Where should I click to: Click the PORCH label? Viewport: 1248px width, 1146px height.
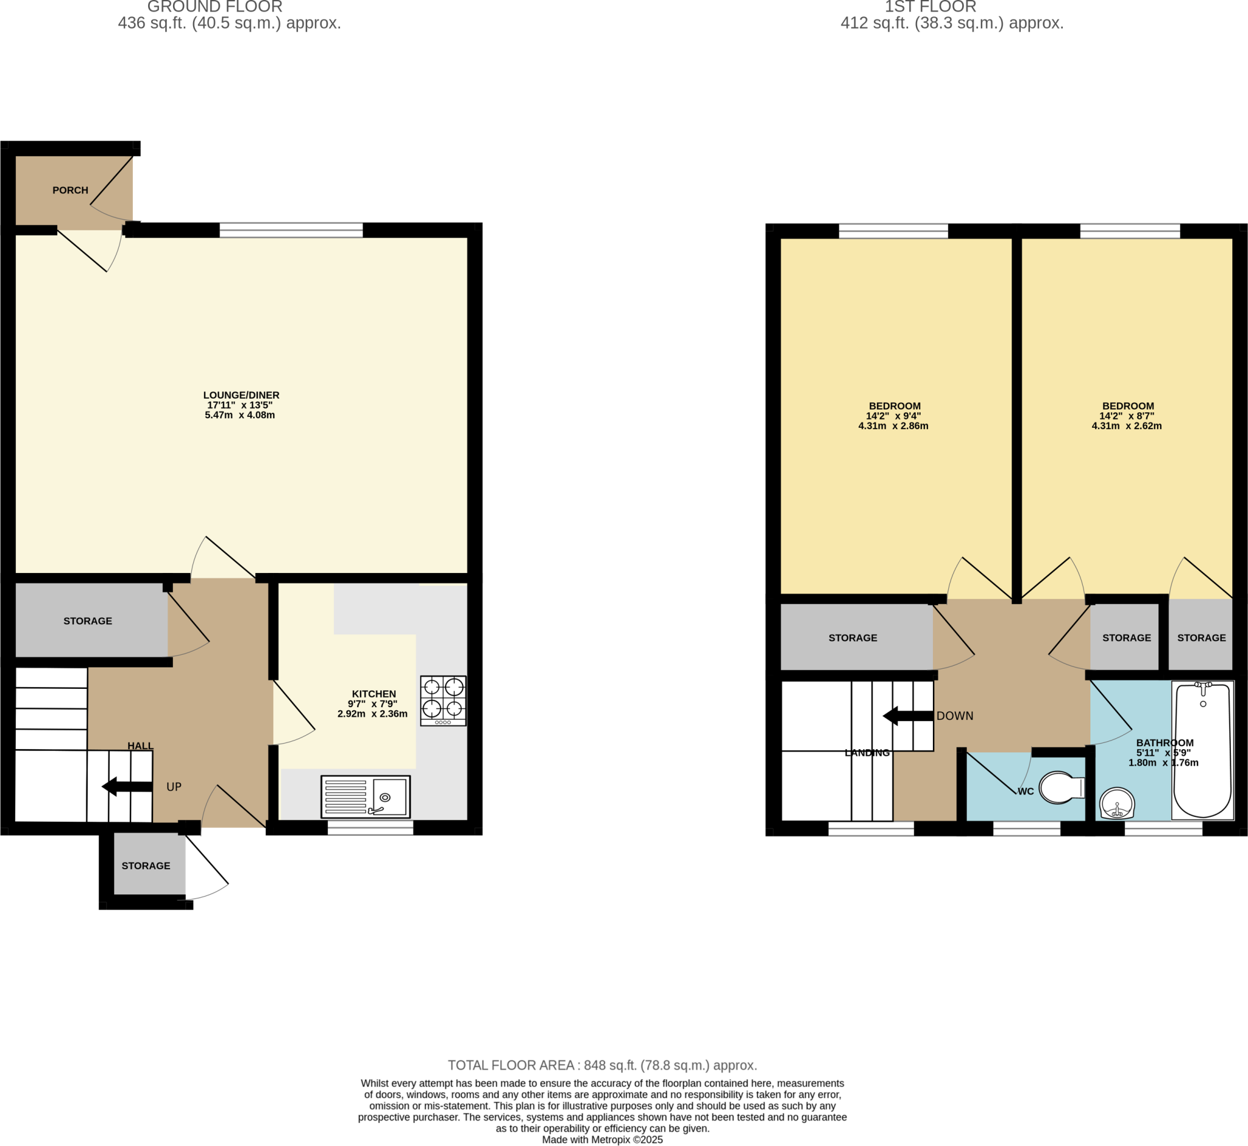(70, 190)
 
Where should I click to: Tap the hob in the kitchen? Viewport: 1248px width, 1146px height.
(442, 700)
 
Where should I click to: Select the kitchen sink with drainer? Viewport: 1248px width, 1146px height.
(365, 796)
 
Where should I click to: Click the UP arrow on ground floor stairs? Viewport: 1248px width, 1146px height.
(127, 786)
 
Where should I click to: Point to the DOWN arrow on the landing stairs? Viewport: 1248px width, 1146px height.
(907, 716)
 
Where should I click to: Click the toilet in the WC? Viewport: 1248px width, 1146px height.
(1061, 788)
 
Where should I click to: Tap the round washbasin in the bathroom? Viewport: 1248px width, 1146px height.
(1116, 803)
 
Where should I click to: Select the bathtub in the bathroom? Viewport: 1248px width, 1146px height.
(1202, 750)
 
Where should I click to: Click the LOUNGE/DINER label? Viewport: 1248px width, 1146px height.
(241, 395)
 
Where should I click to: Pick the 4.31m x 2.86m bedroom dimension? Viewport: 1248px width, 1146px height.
(893, 426)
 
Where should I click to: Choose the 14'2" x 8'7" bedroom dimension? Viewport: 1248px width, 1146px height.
(1127, 416)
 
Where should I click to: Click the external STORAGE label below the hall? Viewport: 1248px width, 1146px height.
(146, 866)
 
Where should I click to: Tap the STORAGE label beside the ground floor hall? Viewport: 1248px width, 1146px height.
(87, 621)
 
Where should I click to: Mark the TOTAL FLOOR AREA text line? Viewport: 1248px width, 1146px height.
(602, 1066)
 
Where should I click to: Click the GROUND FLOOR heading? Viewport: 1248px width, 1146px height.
(214, 7)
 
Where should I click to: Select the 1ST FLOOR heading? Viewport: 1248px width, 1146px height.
(930, 7)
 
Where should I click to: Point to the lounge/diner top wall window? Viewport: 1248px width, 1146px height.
(291, 230)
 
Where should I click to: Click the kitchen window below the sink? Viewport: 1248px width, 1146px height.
(370, 828)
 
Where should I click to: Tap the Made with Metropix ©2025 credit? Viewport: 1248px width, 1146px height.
(602, 1140)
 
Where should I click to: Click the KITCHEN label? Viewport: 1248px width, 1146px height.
(373, 694)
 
